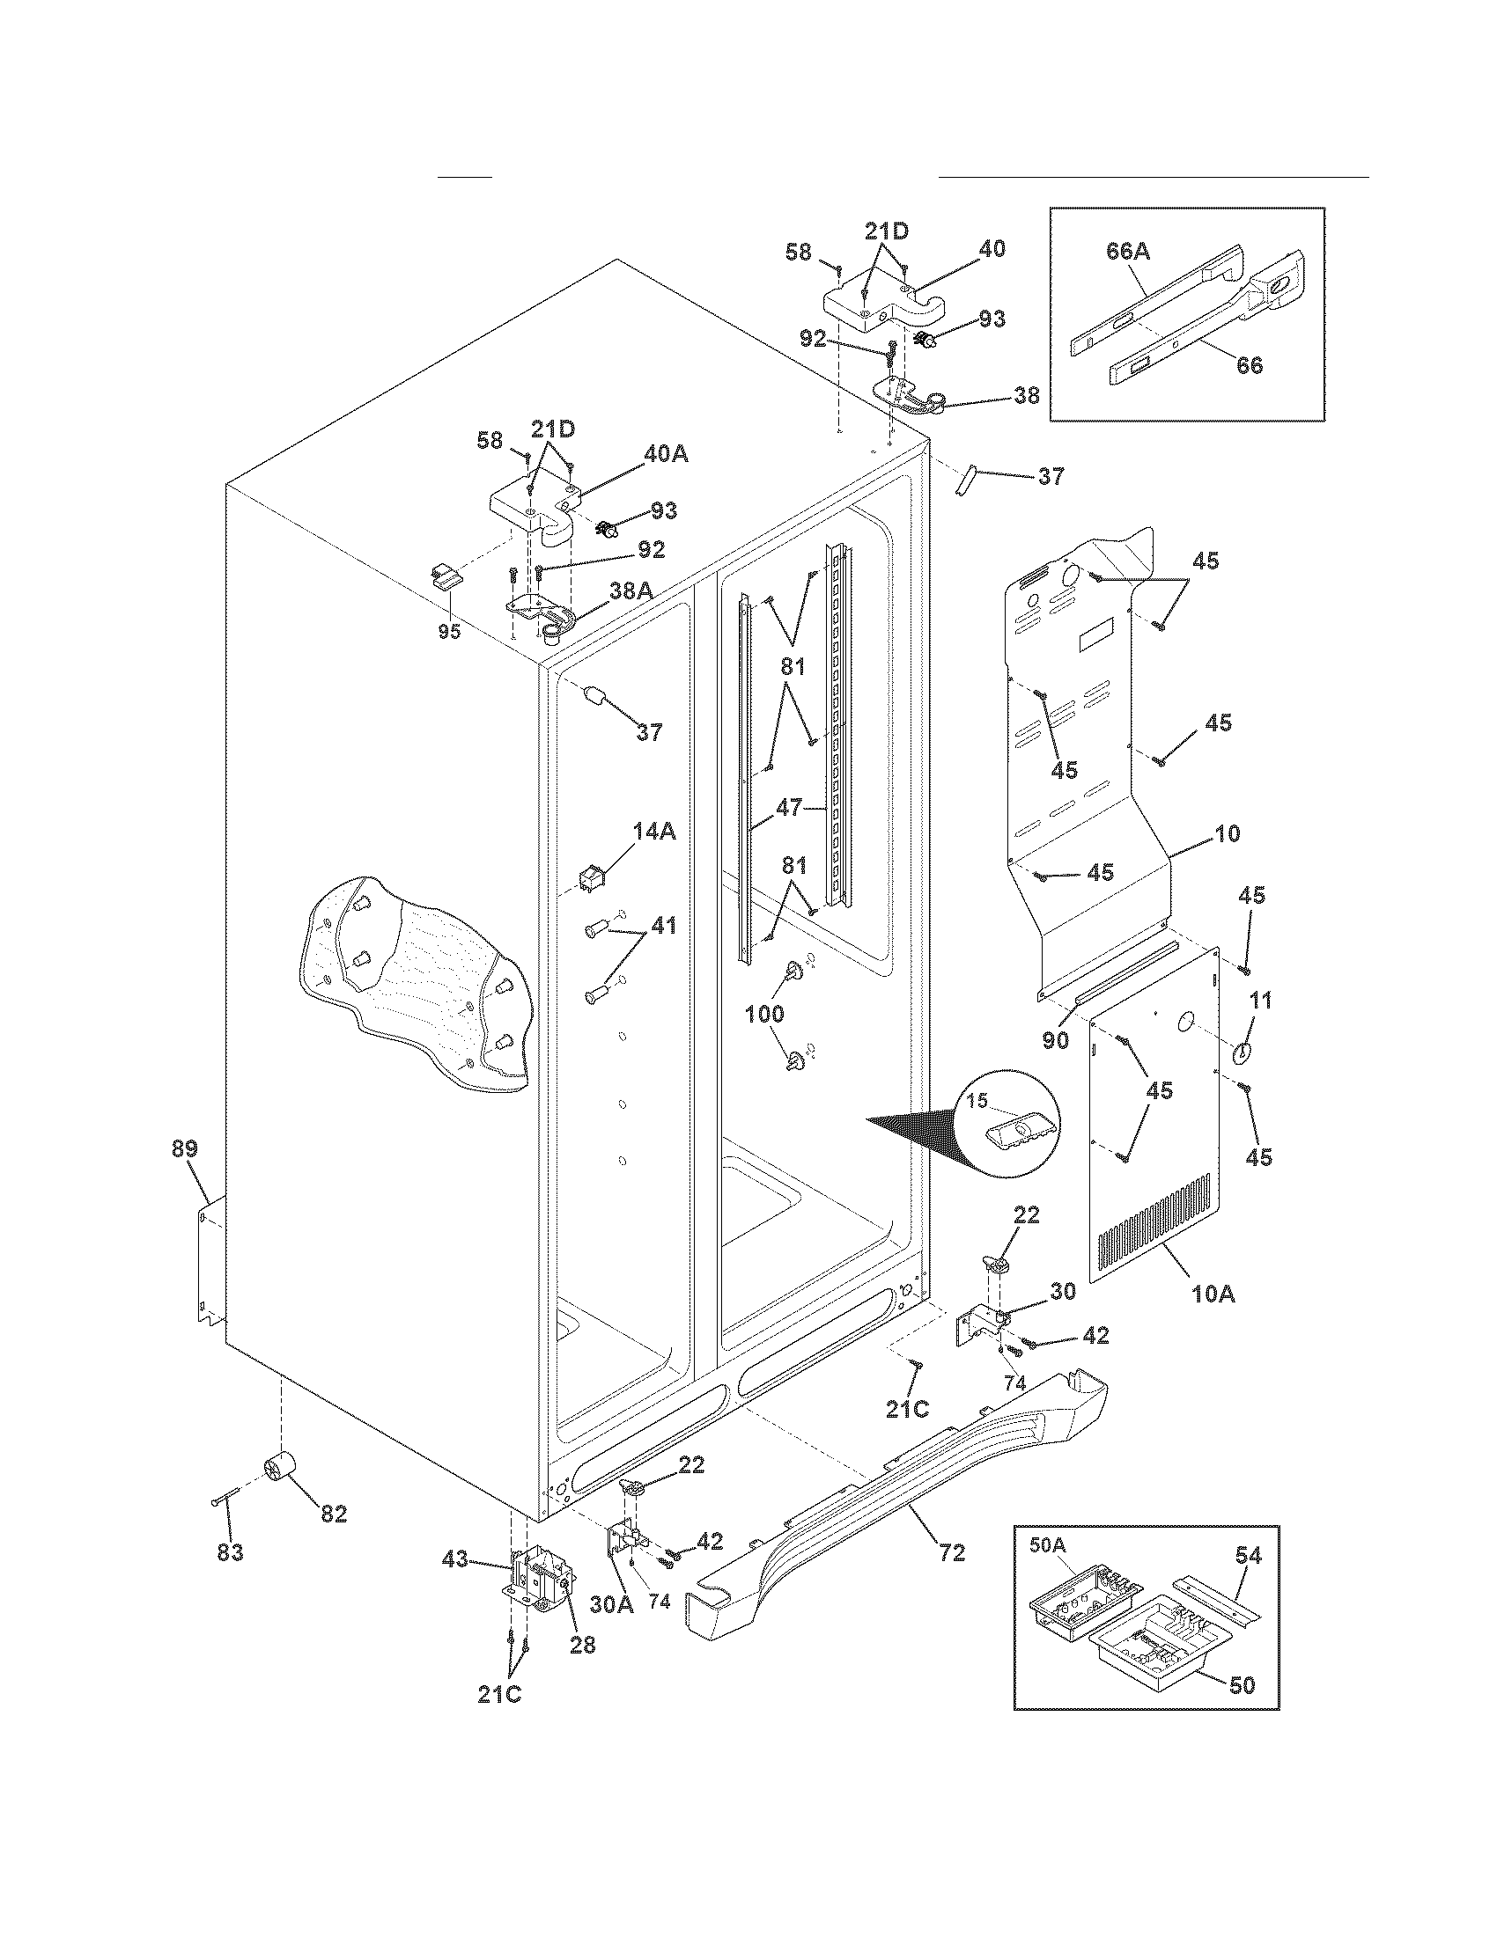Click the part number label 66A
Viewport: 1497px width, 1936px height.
point(1128,251)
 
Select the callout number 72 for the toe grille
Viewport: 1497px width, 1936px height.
point(951,1552)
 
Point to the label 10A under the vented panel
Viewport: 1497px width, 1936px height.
point(1213,1294)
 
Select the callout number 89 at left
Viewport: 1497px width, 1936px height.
point(184,1148)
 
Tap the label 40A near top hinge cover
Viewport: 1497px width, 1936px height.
point(665,454)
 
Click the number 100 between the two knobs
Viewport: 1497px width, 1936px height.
point(764,1013)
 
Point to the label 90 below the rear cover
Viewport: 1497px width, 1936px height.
point(1055,1040)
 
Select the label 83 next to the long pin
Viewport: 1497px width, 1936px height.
point(230,1552)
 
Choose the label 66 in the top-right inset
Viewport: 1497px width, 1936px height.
point(1250,364)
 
